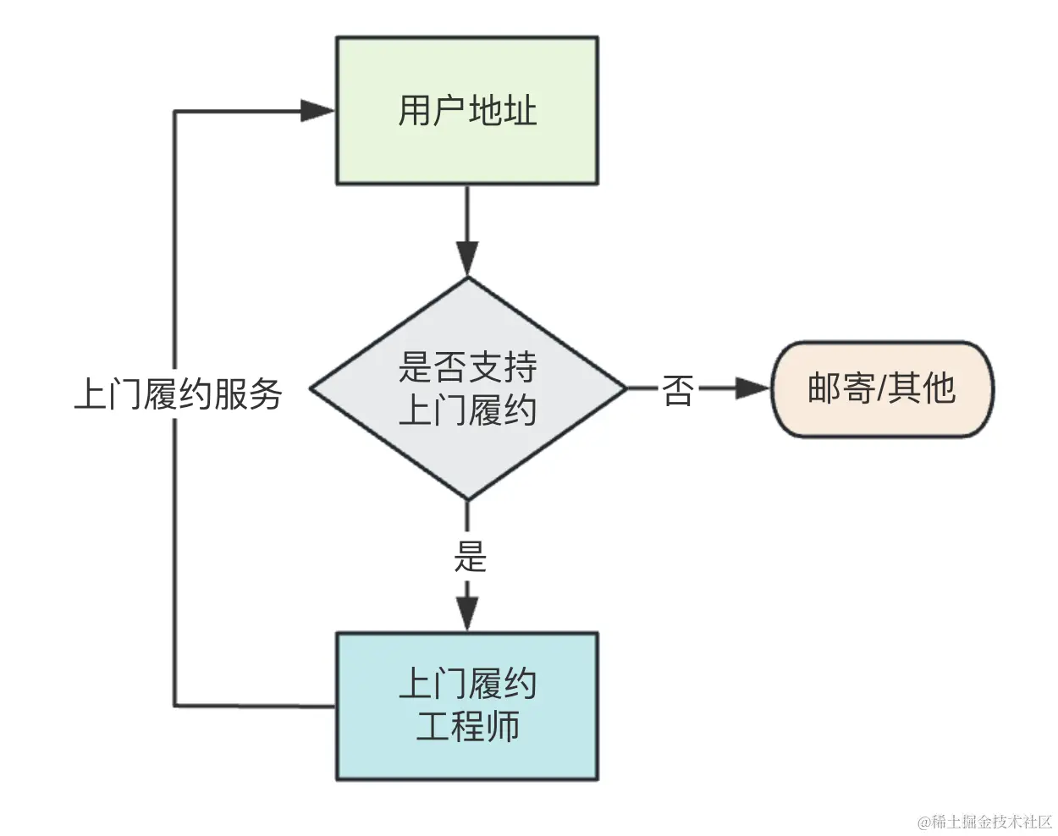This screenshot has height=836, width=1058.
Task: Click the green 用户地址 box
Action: tap(467, 111)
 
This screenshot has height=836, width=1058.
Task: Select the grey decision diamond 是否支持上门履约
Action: tap(467, 388)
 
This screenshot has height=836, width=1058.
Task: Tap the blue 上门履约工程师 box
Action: tap(467, 707)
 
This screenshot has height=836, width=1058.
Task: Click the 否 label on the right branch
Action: tap(678, 390)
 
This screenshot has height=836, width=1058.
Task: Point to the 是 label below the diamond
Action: tap(470, 557)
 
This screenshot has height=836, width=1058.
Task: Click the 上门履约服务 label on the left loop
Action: tap(178, 394)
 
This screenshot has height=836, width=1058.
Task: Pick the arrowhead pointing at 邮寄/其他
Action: tap(752, 388)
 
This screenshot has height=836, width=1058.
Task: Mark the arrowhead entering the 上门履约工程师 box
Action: tap(467, 613)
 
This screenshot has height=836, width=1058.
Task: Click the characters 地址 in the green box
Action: tap(503, 111)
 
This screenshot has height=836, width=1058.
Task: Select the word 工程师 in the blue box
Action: tap(467, 726)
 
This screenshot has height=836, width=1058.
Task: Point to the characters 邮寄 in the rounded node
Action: tap(841, 388)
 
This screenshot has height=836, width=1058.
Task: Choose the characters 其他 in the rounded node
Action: tap(923, 388)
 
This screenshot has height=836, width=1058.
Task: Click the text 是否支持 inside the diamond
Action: tap(467, 367)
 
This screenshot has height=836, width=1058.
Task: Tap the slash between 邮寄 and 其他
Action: tap(882, 388)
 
